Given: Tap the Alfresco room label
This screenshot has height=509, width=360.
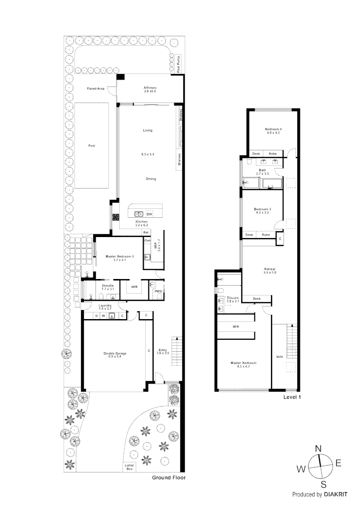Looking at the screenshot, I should point(150,88).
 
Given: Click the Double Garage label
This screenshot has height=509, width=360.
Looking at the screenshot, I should point(115,353).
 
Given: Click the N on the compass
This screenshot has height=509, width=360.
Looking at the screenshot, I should point(318,448).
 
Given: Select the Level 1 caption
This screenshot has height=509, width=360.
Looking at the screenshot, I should point(292,397).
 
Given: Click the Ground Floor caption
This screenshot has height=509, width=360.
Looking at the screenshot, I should point(169,477).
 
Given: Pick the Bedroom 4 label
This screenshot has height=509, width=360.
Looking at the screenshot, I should point(273,129).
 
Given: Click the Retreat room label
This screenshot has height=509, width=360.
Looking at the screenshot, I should point(270,270).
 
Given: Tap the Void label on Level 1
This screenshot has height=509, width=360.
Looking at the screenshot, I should point(279,356).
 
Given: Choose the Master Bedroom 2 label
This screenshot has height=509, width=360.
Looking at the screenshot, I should point(120,256).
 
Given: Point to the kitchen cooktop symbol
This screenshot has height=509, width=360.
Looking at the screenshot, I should point(115,217).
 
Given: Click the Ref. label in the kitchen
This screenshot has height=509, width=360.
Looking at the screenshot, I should point(147,232).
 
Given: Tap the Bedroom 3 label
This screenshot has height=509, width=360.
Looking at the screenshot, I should point(262,209).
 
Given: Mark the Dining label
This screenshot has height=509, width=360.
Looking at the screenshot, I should point(150,179).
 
